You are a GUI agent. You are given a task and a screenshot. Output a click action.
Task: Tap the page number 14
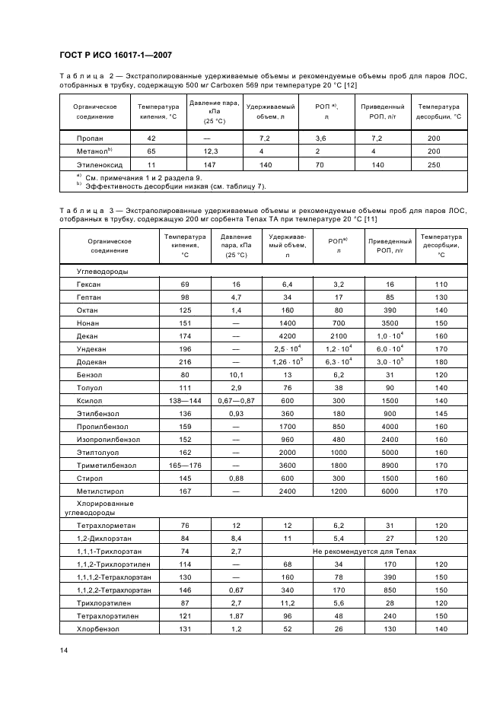(x=63, y=649)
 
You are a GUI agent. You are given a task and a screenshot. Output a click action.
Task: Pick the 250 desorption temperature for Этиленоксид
(x=434, y=164)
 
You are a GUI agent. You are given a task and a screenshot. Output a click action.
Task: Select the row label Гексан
(x=89, y=284)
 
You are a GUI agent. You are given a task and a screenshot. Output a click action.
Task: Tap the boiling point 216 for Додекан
(x=184, y=361)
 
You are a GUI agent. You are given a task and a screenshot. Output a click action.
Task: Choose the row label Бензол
(x=89, y=374)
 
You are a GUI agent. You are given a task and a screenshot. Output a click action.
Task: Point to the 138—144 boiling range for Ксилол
(x=184, y=400)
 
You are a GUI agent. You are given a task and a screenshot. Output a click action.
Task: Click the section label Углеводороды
(x=102, y=271)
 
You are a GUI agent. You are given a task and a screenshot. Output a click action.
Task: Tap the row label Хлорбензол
(x=97, y=630)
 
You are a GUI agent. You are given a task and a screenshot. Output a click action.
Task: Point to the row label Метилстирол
(x=99, y=491)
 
